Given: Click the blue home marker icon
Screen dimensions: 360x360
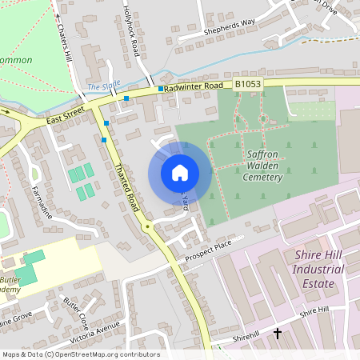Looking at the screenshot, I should pos(180,173).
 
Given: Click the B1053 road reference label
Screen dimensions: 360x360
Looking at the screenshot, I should pos(248,83).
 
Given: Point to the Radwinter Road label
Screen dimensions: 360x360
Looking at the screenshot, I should pos(194,86).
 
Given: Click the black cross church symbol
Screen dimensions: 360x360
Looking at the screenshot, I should pos(278,333).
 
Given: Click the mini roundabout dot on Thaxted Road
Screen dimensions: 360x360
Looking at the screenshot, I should pos(147,227).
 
